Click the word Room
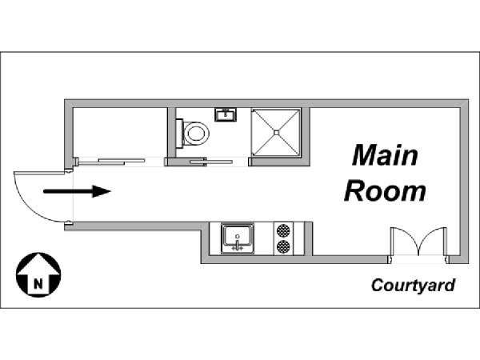click(384, 192)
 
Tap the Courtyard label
click(413, 286)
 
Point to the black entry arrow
click(76, 191)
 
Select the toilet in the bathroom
click(193, 133)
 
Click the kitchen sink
click(238, 237)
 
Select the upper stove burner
click(283, 230)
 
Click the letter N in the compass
click(37, 281)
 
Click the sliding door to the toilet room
click(200, 162)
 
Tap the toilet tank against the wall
click(180, 133)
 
